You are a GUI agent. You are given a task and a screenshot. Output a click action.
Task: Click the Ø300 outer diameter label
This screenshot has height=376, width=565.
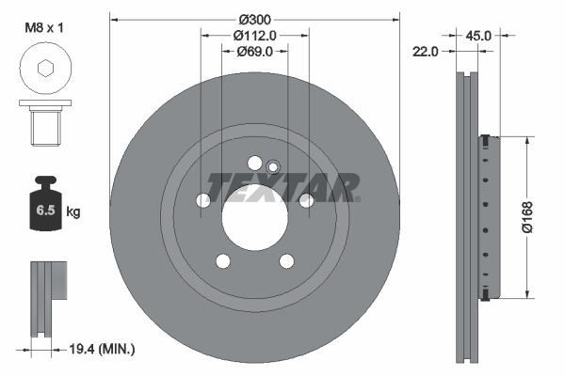255,19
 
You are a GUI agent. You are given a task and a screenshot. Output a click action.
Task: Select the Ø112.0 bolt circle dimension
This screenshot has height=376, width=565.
255,36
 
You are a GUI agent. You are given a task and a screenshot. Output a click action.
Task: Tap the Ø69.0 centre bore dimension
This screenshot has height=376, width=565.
255,52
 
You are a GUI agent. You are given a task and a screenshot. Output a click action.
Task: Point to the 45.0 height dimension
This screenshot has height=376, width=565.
478,36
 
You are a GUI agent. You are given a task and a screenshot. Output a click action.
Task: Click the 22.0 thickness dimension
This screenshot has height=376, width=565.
426,52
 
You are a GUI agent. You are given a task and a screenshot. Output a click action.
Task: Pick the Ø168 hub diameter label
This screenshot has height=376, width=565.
527,217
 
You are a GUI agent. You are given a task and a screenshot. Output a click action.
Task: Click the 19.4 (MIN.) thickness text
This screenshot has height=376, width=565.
102,349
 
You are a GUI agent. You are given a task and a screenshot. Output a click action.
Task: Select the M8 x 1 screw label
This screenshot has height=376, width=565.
44,27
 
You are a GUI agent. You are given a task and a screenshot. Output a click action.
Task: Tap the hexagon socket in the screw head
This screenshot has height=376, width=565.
45,68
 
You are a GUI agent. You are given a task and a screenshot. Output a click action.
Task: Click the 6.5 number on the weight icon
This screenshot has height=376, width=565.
45,211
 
